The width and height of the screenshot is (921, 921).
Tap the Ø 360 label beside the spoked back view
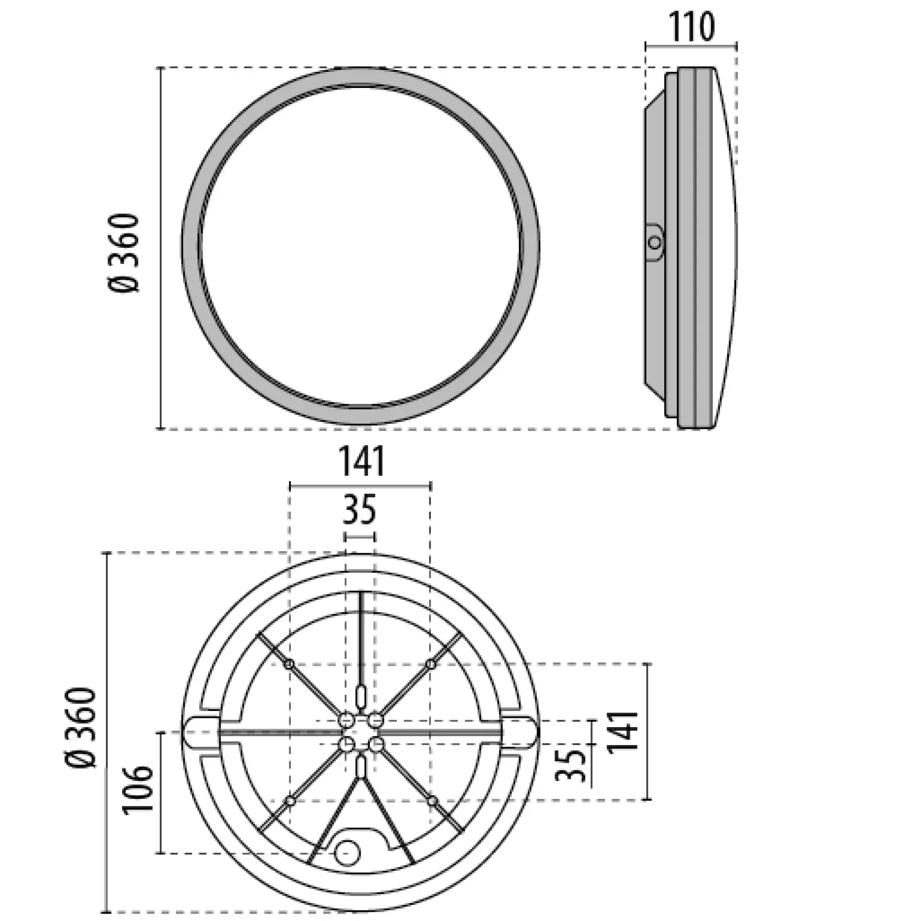82,728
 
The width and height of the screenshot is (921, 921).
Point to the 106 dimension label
137,789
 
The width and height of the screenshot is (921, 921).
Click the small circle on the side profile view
655,242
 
